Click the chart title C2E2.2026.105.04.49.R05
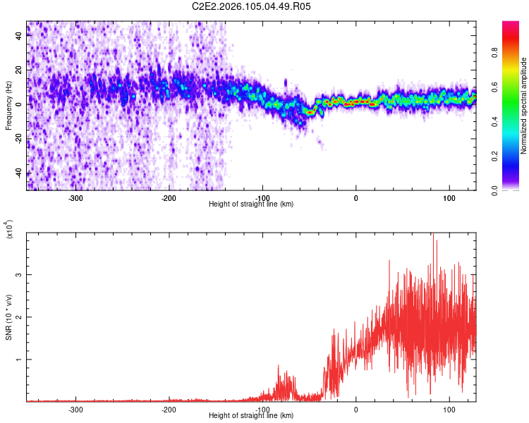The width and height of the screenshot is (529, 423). [252, 6]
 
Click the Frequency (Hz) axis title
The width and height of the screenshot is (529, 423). [8, 106]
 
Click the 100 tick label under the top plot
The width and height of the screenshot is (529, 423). [449, 197]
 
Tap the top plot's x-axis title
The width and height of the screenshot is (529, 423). [251, 204]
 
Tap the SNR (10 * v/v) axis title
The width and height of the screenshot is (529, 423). [8, 317]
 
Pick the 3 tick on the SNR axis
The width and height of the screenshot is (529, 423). [20, 274]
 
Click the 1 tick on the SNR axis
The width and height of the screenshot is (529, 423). [20, 359]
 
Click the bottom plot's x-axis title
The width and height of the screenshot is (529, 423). [251, 415]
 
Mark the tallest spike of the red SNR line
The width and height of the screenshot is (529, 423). [433, 235]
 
